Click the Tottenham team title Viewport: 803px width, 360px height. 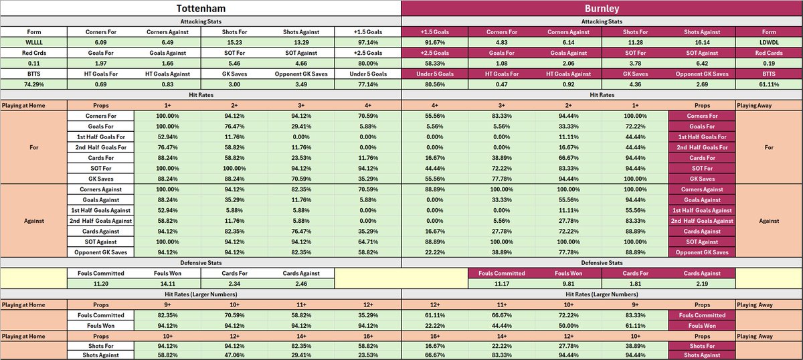(x=200, y=10)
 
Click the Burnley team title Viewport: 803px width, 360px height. (x=602, y=10)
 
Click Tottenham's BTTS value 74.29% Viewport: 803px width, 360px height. (x=33, y=85)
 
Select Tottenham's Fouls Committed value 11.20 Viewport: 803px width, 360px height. (x=101, y=284)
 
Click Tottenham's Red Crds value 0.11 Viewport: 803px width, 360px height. (x=33, y=64)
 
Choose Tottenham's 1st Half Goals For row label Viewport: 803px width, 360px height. (x=101, y=136)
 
